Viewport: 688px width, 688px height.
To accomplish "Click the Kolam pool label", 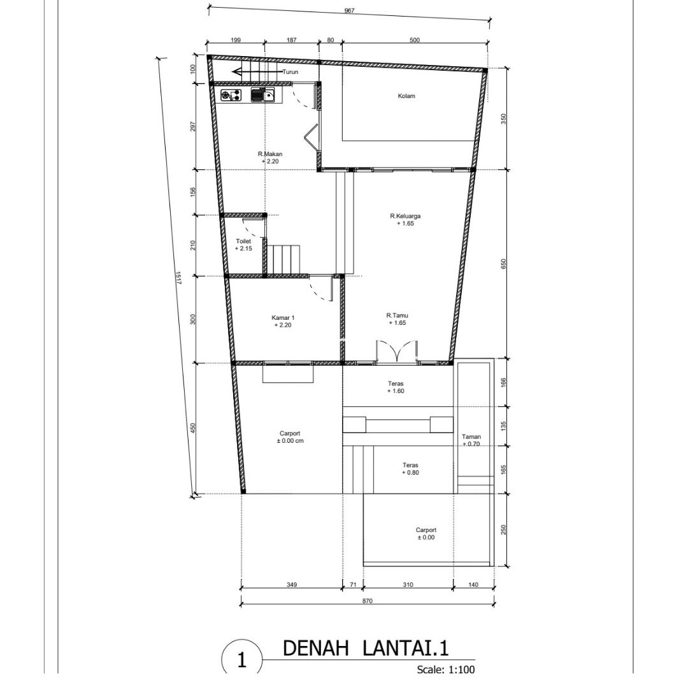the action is [406, 96].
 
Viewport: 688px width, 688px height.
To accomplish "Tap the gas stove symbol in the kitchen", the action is [231, 95].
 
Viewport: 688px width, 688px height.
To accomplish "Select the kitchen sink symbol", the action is [263, 95].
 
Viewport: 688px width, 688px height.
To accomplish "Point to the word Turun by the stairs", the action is [290, 72].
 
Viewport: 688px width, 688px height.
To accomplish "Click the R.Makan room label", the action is [270, 154].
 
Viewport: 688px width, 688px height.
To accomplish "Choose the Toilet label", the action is [243, 241].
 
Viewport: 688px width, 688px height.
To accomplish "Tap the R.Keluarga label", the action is [405, 216].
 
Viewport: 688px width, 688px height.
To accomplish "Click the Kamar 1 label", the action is [283, 318].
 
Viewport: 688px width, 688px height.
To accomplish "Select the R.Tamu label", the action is [397, 315].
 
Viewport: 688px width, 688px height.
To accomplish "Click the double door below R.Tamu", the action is [397, 352].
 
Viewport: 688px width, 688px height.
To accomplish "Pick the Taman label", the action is [471, 436].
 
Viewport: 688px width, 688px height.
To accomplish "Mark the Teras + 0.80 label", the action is [410, 469].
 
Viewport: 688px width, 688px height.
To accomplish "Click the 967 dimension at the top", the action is [349, 11].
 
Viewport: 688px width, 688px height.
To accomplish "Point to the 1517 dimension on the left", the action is [178, 277].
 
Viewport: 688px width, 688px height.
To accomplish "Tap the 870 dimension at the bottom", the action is [368, 601].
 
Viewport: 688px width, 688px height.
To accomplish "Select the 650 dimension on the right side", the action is [504, 264].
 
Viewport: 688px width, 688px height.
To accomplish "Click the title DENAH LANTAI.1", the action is [366, 648].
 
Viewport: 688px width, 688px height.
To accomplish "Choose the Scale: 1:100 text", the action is [446, 670].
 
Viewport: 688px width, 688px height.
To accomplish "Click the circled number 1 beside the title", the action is [242, 661].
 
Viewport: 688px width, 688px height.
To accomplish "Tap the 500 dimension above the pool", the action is [415, 40].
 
